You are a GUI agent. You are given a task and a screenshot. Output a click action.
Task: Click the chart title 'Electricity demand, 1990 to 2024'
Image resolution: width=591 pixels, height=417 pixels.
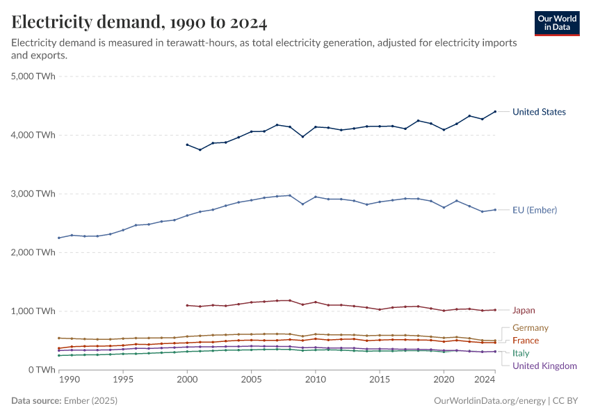click(x=139, y=22)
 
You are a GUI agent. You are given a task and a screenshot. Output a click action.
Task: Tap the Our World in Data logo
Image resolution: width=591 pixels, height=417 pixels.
click(x=557, y=23)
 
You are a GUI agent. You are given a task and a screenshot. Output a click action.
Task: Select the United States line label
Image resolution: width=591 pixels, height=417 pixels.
click(x=539, y=112)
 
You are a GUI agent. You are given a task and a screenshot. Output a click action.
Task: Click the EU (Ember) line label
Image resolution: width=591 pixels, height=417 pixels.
click(x=535, y=210)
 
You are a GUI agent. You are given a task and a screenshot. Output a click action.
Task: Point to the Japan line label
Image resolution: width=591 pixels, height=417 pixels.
click(x=524, y=311)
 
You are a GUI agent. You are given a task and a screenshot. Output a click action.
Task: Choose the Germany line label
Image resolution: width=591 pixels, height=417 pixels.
click(x=530, y=328)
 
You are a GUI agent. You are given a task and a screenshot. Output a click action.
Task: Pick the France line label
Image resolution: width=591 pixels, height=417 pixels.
click(x=526, y=341)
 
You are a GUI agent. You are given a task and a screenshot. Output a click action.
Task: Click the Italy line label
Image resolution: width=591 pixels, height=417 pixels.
click(x=521, y=353)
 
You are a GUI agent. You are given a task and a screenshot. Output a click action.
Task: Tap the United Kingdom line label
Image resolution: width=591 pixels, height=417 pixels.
click(x=544, y=366)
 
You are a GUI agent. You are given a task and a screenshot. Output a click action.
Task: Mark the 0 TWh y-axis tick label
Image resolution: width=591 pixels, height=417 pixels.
click(x=42, y=370)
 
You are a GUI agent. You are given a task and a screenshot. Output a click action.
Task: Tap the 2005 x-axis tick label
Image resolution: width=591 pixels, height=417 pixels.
click(x=252, y=381)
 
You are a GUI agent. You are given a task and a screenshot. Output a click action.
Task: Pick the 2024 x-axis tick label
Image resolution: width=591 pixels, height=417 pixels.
click(x=484, y=381)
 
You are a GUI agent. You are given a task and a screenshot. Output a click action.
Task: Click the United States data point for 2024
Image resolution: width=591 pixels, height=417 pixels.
click(x=495, y=111)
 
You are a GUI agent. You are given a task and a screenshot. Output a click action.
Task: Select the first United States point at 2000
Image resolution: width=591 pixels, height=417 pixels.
click(x=187, y=145)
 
